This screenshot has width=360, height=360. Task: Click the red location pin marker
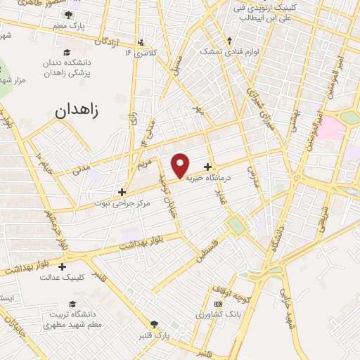click(181, 165)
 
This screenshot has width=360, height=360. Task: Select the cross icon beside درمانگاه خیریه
click(208, 167)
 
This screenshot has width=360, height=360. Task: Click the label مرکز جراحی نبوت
click(122, 202)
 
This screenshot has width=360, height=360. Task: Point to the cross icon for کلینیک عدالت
click(63, 266)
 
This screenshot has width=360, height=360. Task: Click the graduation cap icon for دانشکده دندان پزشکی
click(67, 52)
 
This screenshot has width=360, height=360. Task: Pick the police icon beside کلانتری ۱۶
click(142, 41)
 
